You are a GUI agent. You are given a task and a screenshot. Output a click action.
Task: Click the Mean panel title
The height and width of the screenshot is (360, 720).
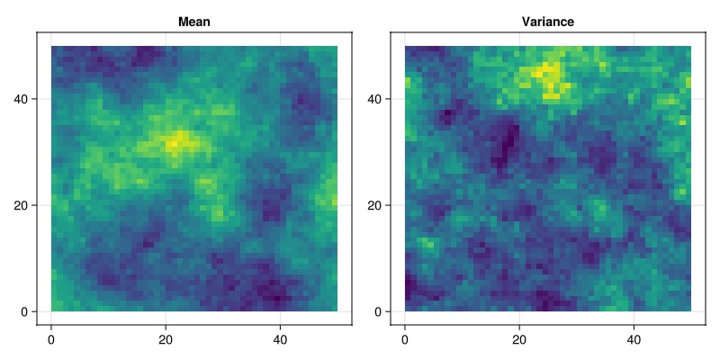[x=194, y=21]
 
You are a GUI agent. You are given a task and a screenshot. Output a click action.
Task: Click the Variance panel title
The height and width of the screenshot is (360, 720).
[x=548, y=21]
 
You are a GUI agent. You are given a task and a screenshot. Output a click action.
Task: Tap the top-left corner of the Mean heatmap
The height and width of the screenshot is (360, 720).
[x=51, y=46]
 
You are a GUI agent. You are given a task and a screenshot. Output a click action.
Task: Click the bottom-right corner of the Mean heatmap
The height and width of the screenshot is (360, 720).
[x=337, y=311]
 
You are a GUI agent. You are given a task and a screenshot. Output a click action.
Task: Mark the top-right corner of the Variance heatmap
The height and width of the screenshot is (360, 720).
[x=690, y=46]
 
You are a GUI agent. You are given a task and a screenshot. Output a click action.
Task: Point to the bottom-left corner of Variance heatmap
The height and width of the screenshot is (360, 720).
[x=405, y=311]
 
